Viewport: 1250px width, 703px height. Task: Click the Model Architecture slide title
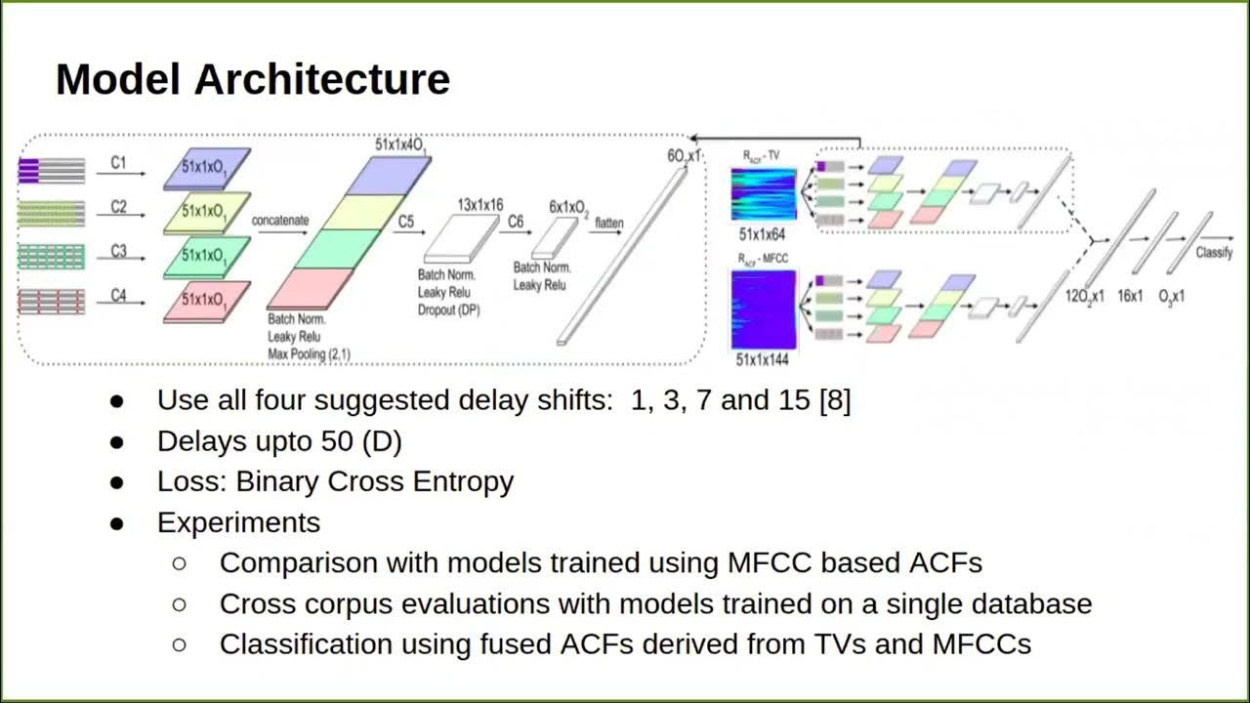252,78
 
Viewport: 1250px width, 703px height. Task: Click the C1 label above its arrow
118,163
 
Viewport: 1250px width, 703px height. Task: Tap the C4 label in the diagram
118,295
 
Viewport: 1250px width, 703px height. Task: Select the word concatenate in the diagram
280,221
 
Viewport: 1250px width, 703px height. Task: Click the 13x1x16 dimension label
479,206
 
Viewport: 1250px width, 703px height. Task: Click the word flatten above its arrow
608,224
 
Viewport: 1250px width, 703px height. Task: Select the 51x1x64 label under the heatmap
763,235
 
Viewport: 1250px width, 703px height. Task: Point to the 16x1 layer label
1130,295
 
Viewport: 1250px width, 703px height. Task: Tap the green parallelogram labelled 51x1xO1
206,256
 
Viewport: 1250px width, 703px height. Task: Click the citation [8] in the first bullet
835,400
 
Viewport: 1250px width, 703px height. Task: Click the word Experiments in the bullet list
238,522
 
